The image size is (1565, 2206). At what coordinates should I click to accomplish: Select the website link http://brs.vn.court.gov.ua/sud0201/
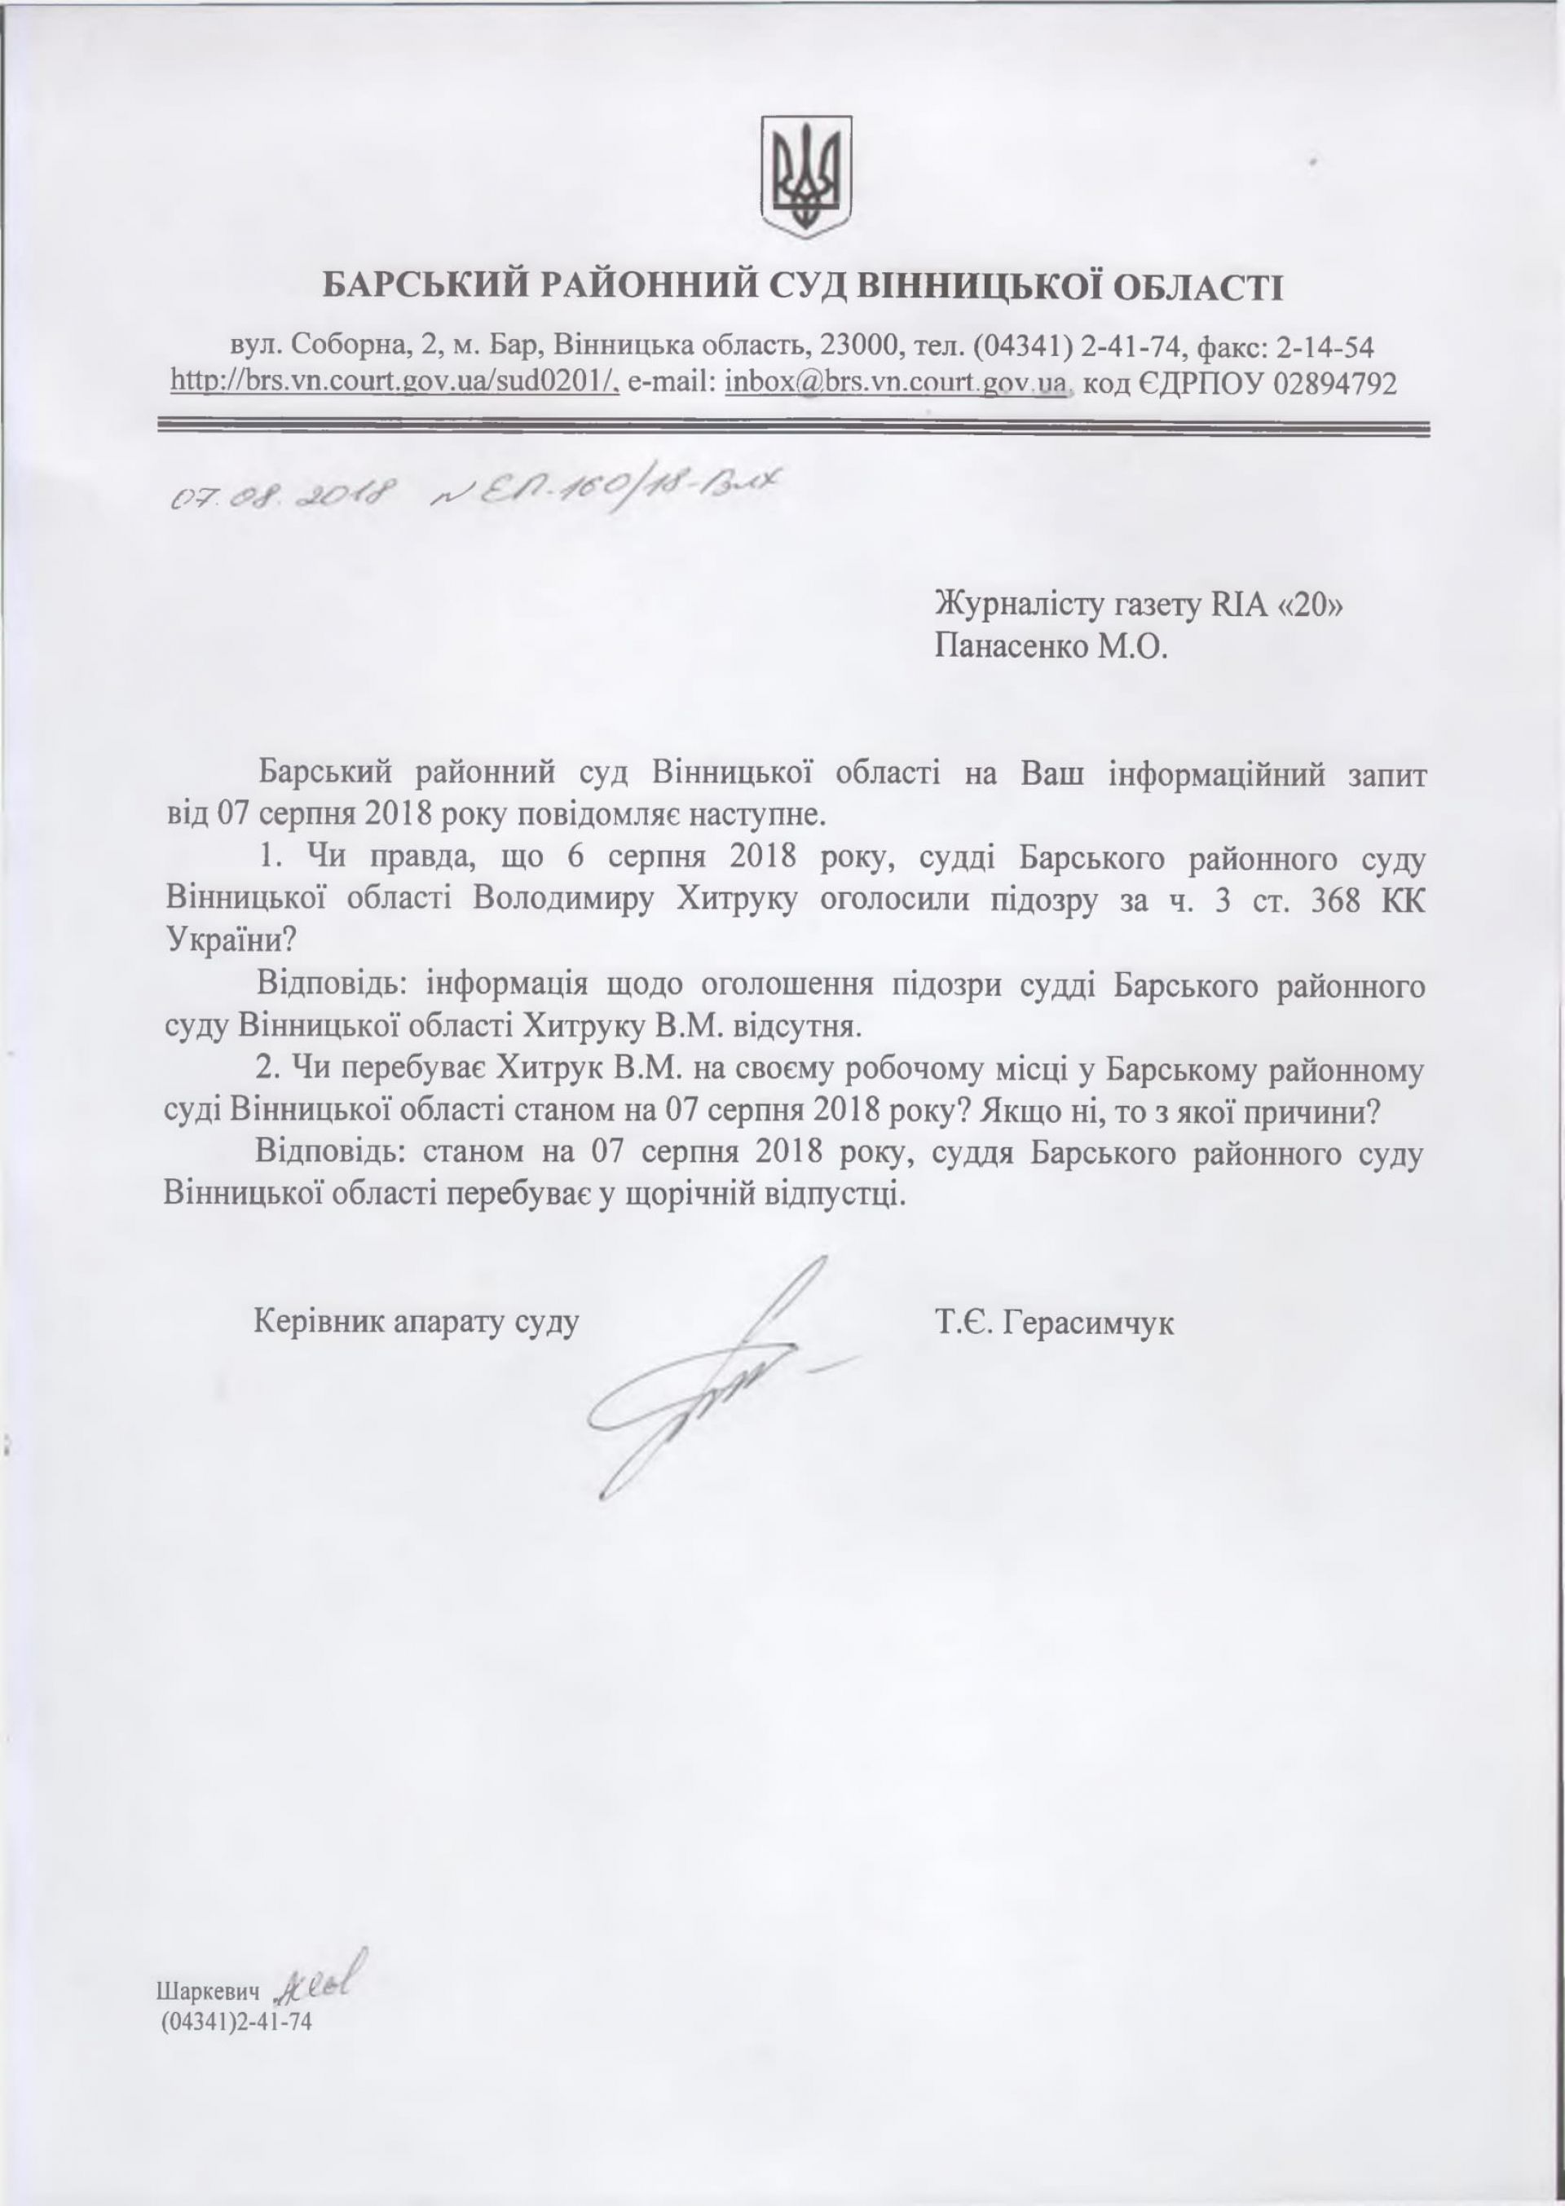pyautogui.click(x=395, y=383)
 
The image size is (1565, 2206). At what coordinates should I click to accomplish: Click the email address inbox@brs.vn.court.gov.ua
pyautogui.click(x=897, y=383)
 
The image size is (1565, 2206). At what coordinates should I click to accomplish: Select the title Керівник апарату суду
pyautogui.click(x=416, y=1323)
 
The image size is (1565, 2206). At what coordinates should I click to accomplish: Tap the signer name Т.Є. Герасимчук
pyautogui.click(x=1053, y=1323)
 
